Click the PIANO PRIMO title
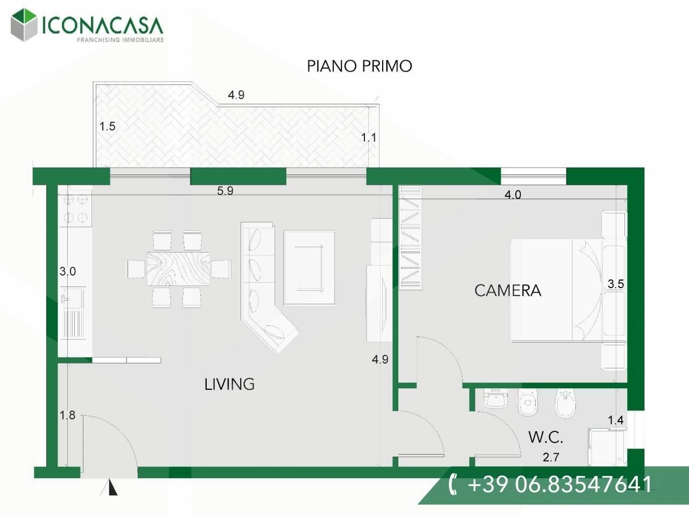pos(360,66)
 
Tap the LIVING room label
pos(229,384)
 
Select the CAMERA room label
pos(508,291)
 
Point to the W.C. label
pos(546,437)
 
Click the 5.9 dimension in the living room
pos(225,191)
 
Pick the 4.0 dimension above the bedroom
pos(513,194)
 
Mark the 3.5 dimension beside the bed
pos(616,284)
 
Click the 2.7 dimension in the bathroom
pos(551,457)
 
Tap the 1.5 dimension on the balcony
pos(107,127)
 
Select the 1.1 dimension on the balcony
pos(368,137)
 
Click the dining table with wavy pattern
pos(178,269)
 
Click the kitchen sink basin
pos(73,297)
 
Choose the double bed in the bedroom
pos(556,290)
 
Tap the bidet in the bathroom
pos(566,403)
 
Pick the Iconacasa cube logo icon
pos(24,25)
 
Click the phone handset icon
pos(452,485)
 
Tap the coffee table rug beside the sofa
pos(310,268)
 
